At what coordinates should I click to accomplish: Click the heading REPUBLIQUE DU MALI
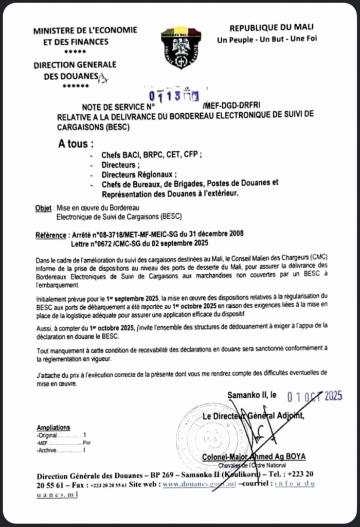271,27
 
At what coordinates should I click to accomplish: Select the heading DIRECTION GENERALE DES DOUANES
75,71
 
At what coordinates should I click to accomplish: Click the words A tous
76,143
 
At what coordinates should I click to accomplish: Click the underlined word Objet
43,207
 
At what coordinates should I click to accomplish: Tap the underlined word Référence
51,234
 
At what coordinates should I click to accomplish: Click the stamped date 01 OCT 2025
314,396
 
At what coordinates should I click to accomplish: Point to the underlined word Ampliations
53,428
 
